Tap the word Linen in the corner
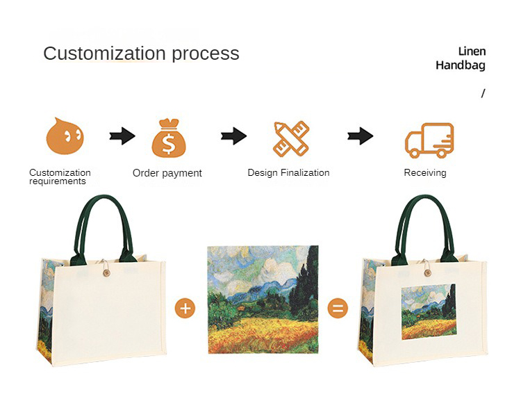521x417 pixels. (472, 51)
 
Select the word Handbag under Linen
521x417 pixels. (461, 65)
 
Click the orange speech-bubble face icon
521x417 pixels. (65, 136)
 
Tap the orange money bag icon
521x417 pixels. (169, 138)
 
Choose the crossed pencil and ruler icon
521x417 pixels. (291, 138)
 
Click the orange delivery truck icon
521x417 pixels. (429, 140)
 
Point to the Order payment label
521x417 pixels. (167, 173)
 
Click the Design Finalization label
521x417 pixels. (288, 172)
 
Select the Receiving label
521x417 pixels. (425, 172)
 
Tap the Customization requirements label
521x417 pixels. (59, 177)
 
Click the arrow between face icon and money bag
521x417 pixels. (122, 136)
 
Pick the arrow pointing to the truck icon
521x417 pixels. (360, 136)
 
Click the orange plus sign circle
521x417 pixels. (185, 307)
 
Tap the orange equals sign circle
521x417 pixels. (338, 307)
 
